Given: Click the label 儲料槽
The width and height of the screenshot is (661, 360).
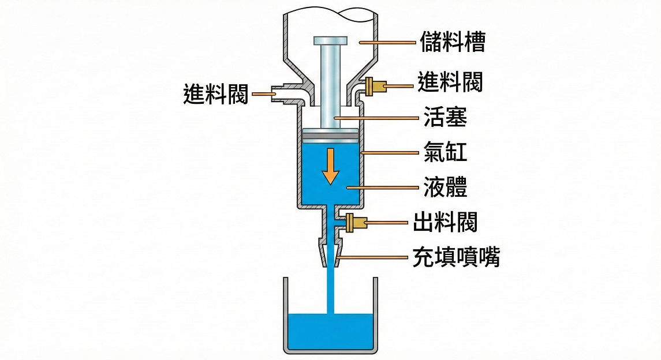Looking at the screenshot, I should tap(452, 42).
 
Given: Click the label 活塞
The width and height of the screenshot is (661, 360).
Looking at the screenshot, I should tap(443, 118).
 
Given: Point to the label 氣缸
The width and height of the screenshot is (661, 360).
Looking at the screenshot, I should tap(443, 153).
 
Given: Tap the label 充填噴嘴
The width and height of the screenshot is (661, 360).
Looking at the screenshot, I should tap(456, 257).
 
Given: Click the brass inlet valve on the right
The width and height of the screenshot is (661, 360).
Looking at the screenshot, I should tap(374, 87).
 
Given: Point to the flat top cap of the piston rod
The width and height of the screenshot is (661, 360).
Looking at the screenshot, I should tap(330, 41).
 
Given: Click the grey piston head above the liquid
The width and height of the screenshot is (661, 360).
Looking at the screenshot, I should tap(330, 134).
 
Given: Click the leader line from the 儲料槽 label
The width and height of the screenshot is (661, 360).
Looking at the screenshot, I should tap(387, 42).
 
